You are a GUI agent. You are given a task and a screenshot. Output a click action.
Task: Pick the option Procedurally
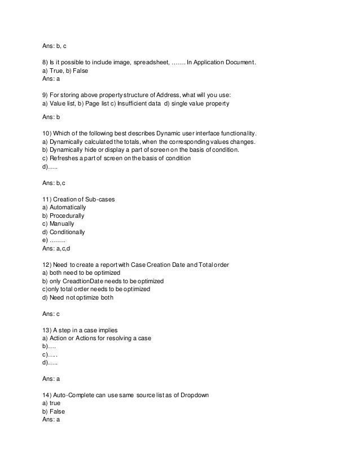click(63, 216)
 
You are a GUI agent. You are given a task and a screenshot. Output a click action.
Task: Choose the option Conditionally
click(64, 232)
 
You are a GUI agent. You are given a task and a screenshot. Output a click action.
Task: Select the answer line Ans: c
click(51, 313)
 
